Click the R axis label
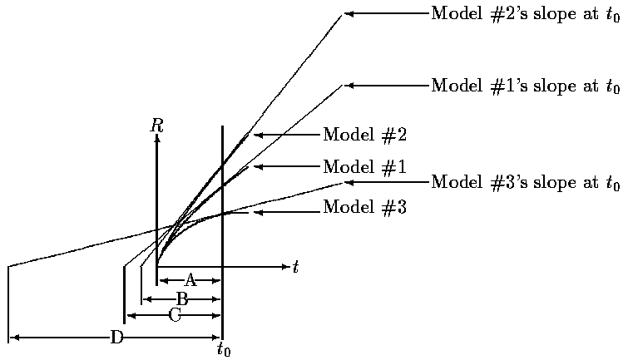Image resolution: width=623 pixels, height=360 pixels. click(x=156, y=126)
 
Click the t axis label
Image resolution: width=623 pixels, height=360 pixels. click(x=295, y=268)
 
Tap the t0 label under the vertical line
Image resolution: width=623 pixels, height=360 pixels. click(x=224, y=349)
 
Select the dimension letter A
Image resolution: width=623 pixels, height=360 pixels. click(x=190, y=280)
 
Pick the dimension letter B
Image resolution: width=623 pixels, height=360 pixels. click(x=182, y=298)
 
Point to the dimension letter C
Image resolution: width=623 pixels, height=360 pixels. click(x=175, y=315)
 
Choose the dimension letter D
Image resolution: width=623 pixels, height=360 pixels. click(x=116, y=337)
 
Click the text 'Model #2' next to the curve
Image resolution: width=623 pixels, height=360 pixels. click(x=364, y=135)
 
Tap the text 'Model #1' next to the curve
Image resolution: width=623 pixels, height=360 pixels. click(x=364, y=167)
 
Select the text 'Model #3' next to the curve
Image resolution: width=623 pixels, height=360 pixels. click(x=364, y=207)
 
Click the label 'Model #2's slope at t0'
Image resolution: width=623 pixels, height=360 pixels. click(x=526, y=14)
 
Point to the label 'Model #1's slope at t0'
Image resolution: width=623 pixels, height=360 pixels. click(x=526, y=86)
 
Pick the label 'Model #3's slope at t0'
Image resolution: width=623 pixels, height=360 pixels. click(x=526, y=183)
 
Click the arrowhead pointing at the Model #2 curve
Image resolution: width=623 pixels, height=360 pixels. click(x=258, y=135)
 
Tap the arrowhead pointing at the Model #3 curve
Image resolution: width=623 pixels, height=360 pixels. click(x=258, y=212)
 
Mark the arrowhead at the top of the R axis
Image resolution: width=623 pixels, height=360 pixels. click(x=156, y=139)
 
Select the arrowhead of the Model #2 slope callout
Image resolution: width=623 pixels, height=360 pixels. click(x=349, y=14)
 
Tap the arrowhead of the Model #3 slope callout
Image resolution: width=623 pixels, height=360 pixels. click(x=349, y=182)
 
